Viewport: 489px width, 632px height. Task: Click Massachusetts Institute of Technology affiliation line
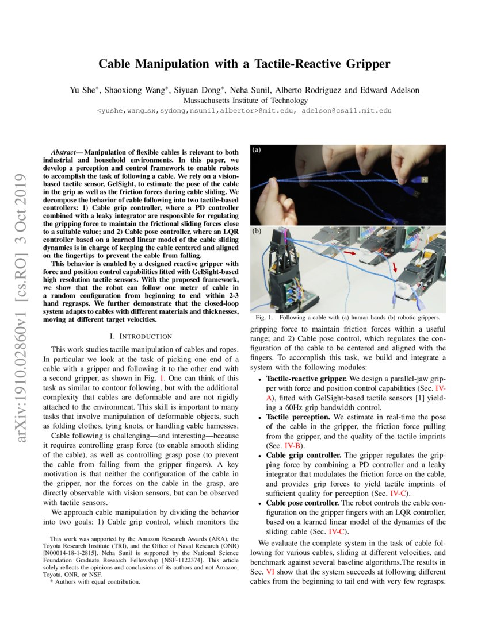coord(244,100)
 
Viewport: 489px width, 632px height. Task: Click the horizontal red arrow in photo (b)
coord(349,251)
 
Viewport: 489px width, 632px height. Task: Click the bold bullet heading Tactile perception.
coord(298,416)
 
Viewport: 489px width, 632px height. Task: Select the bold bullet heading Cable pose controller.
coord(303,502)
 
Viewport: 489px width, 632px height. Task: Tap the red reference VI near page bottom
coord(270,572)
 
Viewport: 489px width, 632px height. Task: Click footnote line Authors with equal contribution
coord(95,581)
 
